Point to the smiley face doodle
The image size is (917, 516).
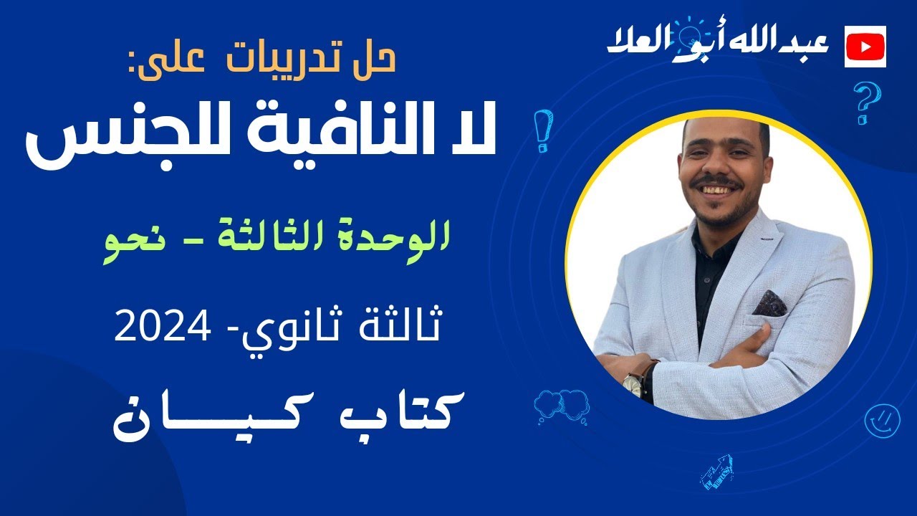pyautogui.click(x=881, y=420)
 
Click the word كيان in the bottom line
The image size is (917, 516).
pyautogui.click(x=215, y=417)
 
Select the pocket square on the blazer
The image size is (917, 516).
pyautogui.click(x=770, y=302)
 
